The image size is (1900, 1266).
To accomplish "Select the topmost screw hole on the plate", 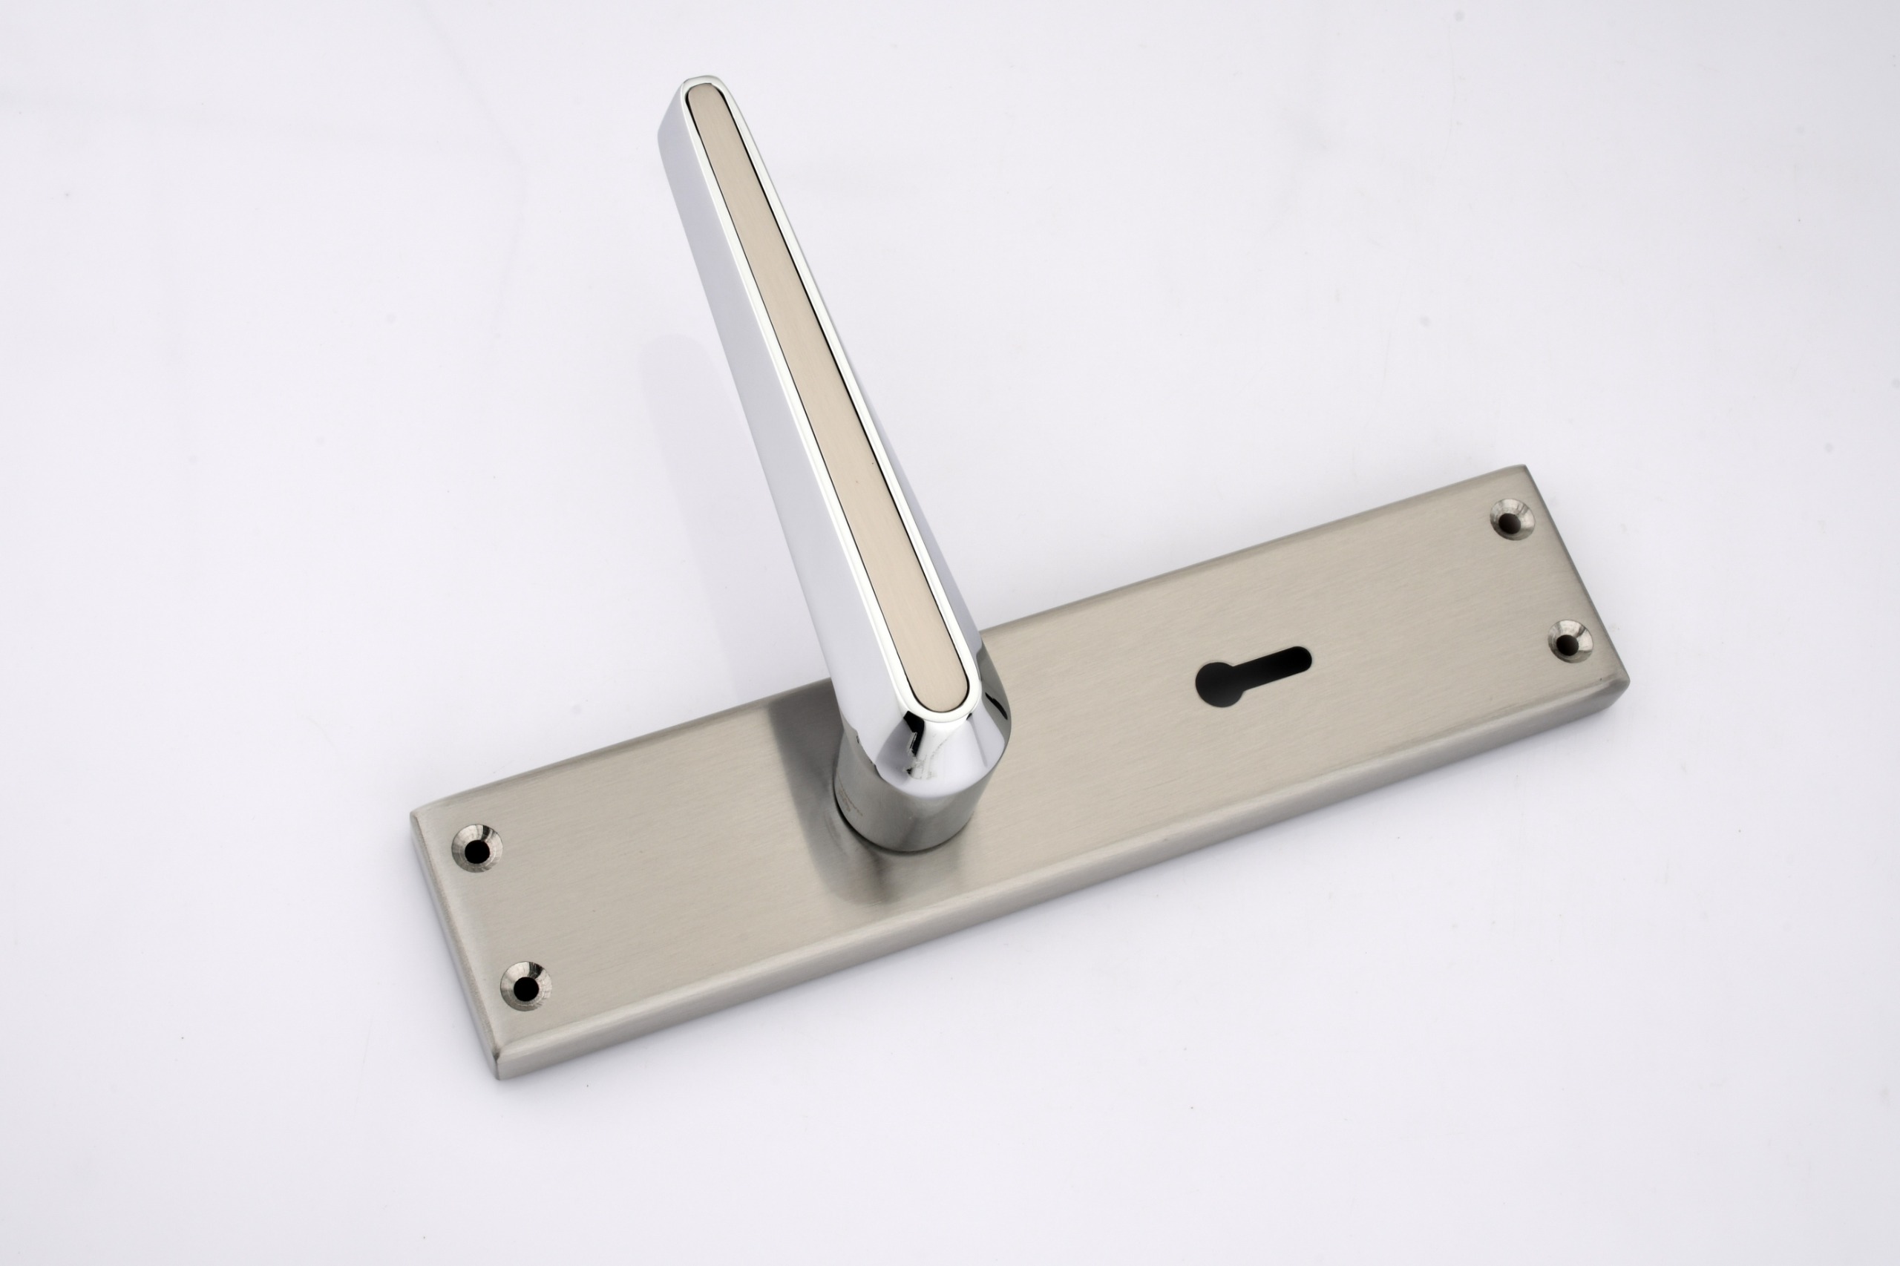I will click(1512, 519).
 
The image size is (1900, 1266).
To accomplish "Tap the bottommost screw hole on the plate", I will click(525, 985).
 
